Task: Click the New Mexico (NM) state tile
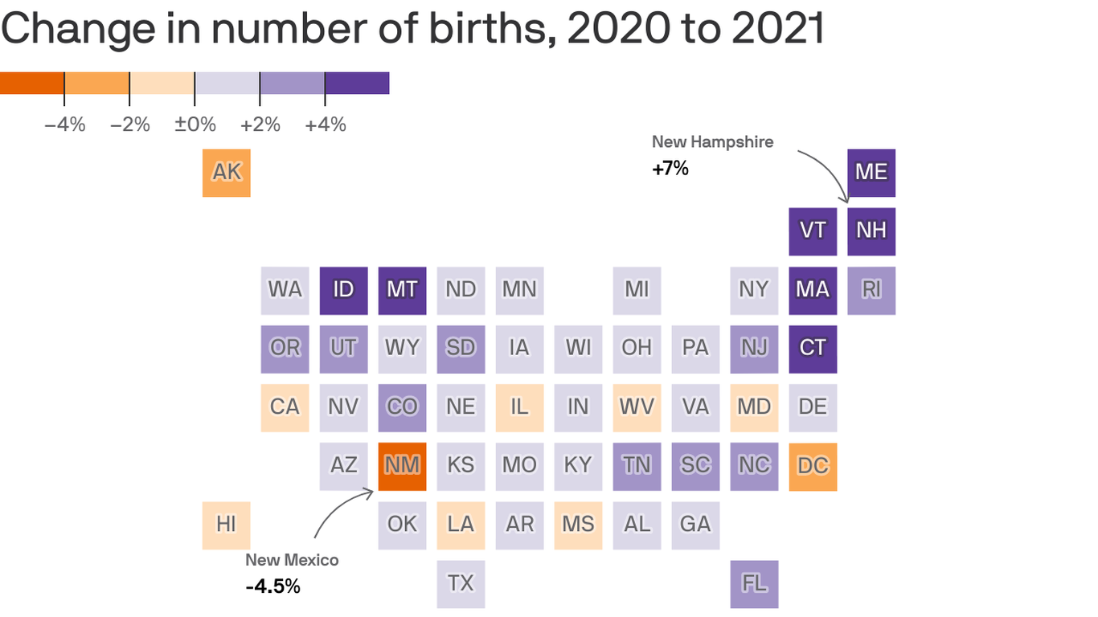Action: (x=402, y=466)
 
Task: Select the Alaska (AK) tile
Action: (x=227, y=173)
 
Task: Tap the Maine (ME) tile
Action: (x=871, y=173)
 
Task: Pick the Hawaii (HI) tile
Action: (x=227, y=525)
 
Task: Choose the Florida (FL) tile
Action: (x=754, y=583)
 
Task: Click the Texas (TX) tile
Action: (x=461, y=583)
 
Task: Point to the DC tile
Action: (x=813, y=466)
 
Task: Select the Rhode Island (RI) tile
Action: (x=871, y=290)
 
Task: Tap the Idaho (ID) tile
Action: (x=343, y=290)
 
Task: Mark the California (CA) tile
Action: (x=285, y=407)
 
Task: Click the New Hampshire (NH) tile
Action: (x=871, y=231)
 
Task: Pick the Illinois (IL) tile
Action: (x=519, y=407)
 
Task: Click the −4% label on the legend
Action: (x=64, y=125)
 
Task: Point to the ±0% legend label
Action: (x=195, y=125)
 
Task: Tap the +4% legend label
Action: (x=325, y=125)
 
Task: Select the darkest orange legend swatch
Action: (x=32, y=83)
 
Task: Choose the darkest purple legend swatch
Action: (x=357, y=83)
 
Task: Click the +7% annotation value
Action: (x=670, y=169)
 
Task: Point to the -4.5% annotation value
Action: (x=272, y=586)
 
